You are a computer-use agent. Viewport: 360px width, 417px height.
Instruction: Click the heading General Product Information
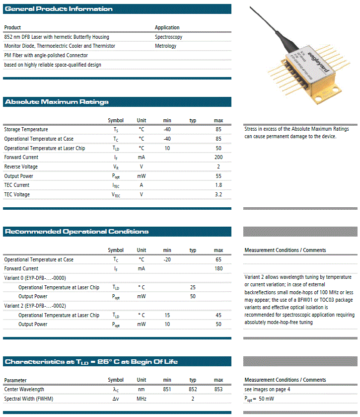(x=59, y=9)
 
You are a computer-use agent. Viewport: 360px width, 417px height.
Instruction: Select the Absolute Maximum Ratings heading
(x=56, y=102)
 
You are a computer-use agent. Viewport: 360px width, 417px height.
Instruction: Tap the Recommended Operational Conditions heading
(x=76, y=232)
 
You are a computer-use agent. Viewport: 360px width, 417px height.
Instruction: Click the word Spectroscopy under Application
(x=168, y=37)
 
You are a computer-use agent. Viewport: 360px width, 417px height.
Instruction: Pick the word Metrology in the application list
(x=165, y=46)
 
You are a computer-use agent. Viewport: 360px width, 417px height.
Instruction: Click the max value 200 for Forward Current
(x=218, y=158)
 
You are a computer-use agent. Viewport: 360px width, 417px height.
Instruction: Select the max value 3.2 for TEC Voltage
(x=218, y=195)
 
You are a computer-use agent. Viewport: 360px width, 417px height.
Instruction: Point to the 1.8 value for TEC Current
(x=218, y=185)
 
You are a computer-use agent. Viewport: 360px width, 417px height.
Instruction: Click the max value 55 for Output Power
(x=218, y=176)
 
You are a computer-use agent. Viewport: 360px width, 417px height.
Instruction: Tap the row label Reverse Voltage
(x=21, y=167)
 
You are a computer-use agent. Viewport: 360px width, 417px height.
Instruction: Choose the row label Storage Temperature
(x=26, y=130)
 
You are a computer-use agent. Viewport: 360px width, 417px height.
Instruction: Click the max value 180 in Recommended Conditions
(x=218, y=269)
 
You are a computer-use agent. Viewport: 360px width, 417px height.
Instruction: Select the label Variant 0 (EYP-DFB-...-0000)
(x=35, y=278)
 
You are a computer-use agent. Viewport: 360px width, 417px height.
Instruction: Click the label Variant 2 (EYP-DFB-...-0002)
(x=35, y=306)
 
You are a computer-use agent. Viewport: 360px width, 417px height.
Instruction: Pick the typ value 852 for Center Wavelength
(x=193, y=389)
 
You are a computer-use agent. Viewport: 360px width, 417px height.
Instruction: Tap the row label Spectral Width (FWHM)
(x=28, y=399)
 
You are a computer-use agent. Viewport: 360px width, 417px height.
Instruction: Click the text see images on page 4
(x=267, y=389)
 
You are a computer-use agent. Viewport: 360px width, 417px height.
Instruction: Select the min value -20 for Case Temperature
(x=167, y=259)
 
